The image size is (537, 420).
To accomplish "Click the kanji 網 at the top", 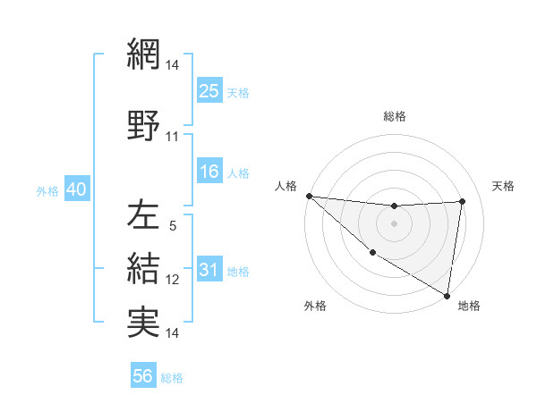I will pyautogui.click(x=144, y=55).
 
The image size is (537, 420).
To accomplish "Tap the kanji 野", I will pyautogui.click(x=144, y=126).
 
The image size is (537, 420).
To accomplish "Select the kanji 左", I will pyautogui.click(x=144, y=215).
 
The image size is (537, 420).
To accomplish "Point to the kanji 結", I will pyautogui.click(x=144, y=267).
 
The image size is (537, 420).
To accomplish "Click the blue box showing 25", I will pyautogui.click(x=209, y=90).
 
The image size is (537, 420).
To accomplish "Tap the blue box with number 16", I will pyautogui.click(x=209, y=172).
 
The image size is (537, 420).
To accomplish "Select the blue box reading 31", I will pyautogui.click(x=209, y=270).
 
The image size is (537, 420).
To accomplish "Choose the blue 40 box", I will pyautogui.click(x=76, y=190).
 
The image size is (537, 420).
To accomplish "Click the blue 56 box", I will pyautogui.click(x=143, y=376).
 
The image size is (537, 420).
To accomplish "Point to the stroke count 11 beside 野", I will pyautogui.click(x=173, y=137).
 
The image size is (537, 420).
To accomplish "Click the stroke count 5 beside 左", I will pyautogui.click(x=173, y=226).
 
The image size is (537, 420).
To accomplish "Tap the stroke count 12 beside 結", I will pyautogui.click(x=173, y=279).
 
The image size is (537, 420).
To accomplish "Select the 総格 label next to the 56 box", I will pyautogui.click(x=172, y=378).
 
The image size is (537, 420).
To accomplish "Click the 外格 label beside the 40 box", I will pyautogui.click(x=47, y=191).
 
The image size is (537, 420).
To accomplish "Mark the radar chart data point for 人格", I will pyautogui.click(x=309, y=196).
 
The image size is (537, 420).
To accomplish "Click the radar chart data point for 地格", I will pyautogui.click(x=447, y=295).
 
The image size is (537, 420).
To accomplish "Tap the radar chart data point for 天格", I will pyautogui.click(x=463, y=202).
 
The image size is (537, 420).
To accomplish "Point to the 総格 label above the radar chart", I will pyautogui.click(x=395, y=116).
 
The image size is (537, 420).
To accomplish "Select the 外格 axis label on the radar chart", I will pyautogui.click(x=315, y=306).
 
